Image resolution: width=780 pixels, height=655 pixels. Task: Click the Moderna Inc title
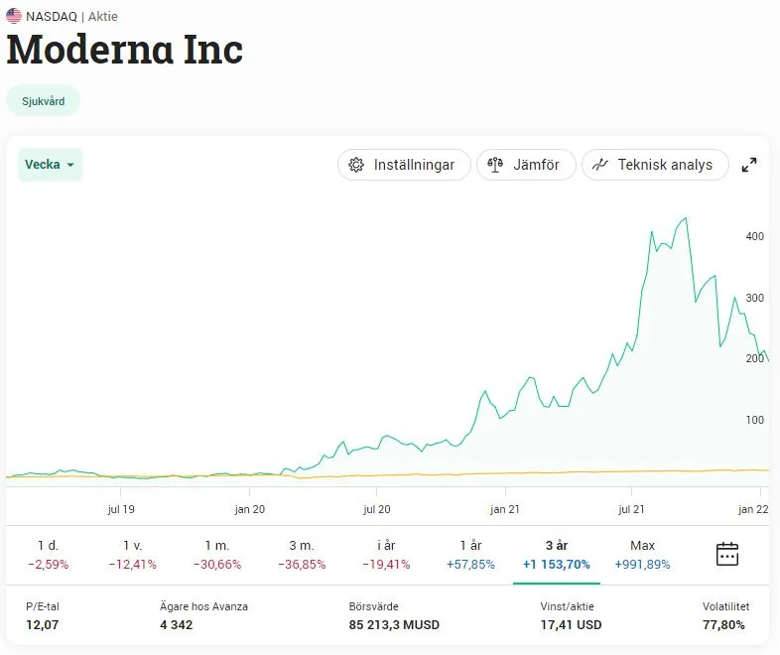point(125,49)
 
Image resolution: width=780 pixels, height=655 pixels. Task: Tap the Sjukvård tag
point(43,101)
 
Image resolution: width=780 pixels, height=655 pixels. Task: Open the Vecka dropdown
point(50,165)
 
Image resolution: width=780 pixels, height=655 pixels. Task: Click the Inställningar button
point(403,165)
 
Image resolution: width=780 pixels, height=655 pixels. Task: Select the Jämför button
point(526,165)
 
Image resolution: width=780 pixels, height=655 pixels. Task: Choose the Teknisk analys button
point(655,165)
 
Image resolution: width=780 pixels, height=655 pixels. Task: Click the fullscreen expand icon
point(750,165)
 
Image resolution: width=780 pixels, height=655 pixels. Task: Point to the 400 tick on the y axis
point(755,236)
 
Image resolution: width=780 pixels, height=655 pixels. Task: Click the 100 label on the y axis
point(755,420)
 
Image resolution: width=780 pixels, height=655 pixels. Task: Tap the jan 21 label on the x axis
point(505,509)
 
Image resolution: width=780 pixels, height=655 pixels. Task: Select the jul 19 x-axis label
point(121,509)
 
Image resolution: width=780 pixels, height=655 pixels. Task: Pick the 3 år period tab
point(556,555)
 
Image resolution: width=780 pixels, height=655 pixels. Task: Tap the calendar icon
point(727,554)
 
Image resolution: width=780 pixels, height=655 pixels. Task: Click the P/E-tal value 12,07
point(43,625)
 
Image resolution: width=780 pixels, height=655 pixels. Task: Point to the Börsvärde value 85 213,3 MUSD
point(394,625)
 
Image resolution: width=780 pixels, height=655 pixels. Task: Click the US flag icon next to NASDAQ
point(14,16)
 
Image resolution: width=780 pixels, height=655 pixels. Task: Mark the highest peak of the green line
point(685,217)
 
